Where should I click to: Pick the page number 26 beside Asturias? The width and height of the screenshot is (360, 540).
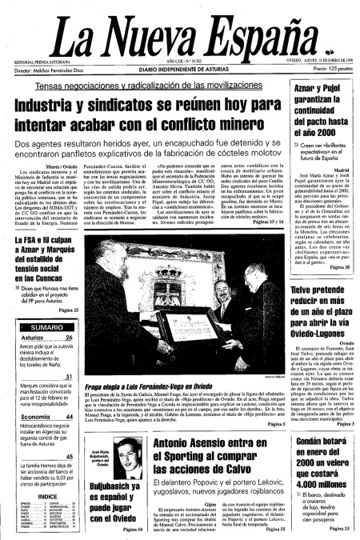70,339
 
